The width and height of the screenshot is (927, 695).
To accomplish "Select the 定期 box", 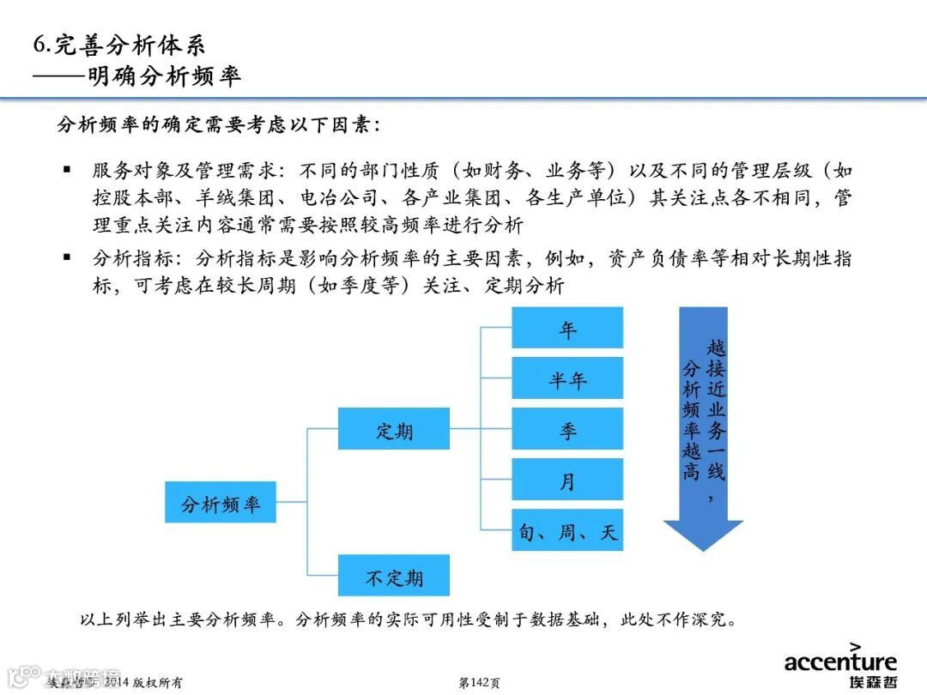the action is pos(394,429).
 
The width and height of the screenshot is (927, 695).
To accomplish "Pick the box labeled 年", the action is pos(567,328).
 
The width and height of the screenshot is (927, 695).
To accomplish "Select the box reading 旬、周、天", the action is pos(567,531).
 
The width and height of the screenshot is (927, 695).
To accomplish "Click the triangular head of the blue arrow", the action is pos(703,535).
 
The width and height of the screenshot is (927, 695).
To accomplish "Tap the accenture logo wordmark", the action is pos(840,662).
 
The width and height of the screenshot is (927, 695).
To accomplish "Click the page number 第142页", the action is pos(480,683).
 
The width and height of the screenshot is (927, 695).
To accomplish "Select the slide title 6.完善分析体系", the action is pos(119,45).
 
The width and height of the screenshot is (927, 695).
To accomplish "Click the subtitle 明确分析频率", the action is pos(164,76).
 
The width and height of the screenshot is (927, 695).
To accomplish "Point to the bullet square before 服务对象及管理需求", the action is pos(67,170).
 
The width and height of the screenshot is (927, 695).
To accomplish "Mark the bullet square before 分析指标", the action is pos(67,257).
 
